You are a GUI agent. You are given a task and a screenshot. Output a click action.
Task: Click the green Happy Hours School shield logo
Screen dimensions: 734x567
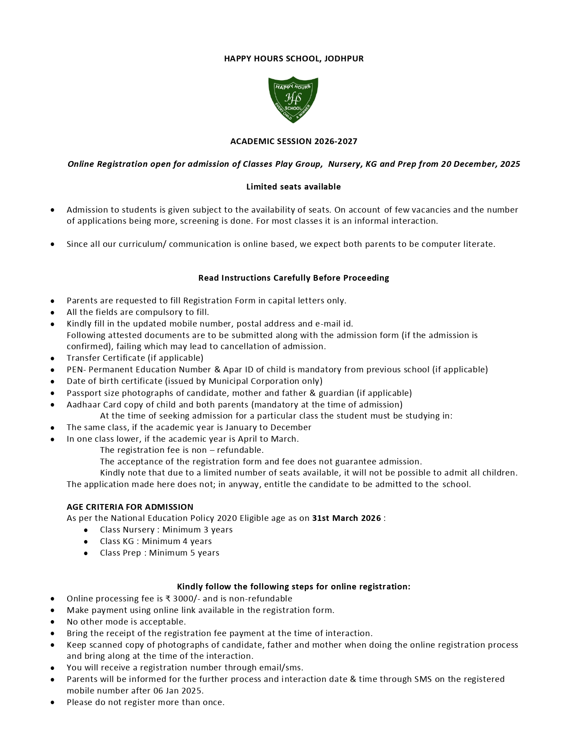coord(293,99)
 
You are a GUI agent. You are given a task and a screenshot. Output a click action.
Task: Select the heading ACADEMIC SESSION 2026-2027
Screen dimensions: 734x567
coord(294,141)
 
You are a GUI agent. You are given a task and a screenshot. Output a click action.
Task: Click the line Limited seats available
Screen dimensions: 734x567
coord(294,187)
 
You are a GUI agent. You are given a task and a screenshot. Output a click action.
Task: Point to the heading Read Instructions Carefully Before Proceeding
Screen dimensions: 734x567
coord(294,278)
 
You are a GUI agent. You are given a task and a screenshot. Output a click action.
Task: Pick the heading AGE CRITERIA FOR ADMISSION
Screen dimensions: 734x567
coord(130,507)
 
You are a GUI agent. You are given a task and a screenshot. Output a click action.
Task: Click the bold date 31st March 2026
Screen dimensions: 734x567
coord(346,518)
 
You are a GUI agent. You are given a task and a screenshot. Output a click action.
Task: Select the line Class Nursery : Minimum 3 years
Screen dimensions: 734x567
coord(166,530)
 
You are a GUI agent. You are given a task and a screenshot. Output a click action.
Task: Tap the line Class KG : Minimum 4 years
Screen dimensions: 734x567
coord(156,541)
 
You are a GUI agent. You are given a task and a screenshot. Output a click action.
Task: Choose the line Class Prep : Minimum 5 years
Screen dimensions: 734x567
coord(159,553)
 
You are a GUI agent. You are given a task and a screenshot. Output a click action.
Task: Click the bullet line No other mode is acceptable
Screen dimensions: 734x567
coord(126,622)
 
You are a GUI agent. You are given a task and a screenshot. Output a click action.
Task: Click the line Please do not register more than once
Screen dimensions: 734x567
coord(145,702)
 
